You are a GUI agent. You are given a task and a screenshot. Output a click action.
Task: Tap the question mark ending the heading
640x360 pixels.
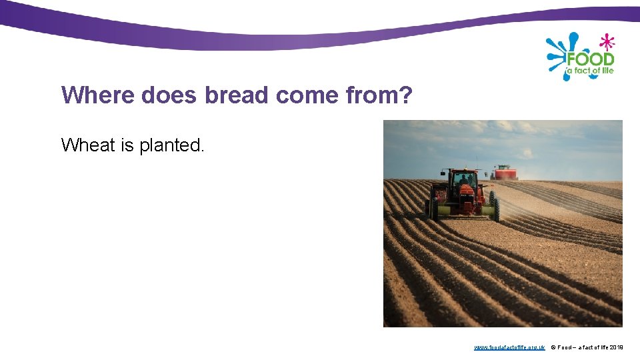(x=405, y=95)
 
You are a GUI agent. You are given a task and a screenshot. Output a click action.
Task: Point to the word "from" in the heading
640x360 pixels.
(x=371, y=95)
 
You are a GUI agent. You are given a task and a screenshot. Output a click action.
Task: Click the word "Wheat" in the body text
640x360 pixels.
(x=88, y=145)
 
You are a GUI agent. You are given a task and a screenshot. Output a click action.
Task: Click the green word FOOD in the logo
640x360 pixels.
(x=589, y=59)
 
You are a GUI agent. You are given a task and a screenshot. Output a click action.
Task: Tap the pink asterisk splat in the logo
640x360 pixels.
(x=606, y=42)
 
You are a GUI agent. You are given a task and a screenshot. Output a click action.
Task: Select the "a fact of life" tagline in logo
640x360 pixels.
(x=589, y=71)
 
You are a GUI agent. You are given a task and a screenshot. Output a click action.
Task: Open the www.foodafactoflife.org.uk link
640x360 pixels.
(x=509, y=347)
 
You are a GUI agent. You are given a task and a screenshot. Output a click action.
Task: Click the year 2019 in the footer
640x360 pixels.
(x=617, y=347)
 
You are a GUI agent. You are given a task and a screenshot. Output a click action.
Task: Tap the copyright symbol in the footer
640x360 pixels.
(x=553, y=347)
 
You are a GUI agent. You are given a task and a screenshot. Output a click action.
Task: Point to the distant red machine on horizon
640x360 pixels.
(x=505, y=173)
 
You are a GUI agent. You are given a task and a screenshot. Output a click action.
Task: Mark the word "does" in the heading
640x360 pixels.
(x=169, y=95)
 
